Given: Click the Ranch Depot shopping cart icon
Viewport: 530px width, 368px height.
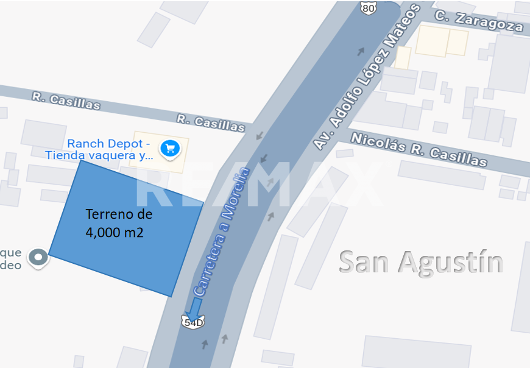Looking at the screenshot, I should [x=170, y=148].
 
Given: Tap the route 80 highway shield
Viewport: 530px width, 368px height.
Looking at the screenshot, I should [x=369, y=7].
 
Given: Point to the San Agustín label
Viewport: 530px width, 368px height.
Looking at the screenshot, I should [x=421, y=262].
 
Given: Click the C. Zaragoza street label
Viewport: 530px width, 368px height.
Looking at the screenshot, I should [x=479, y=21].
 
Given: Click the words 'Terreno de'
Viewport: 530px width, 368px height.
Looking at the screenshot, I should [x=119, y=214].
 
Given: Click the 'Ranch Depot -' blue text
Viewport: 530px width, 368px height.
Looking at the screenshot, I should [x=108, y=144].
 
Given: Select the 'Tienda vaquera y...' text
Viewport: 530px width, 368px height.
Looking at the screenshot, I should [x=99, y=155].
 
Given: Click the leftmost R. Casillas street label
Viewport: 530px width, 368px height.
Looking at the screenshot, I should [x=66, y=101].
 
